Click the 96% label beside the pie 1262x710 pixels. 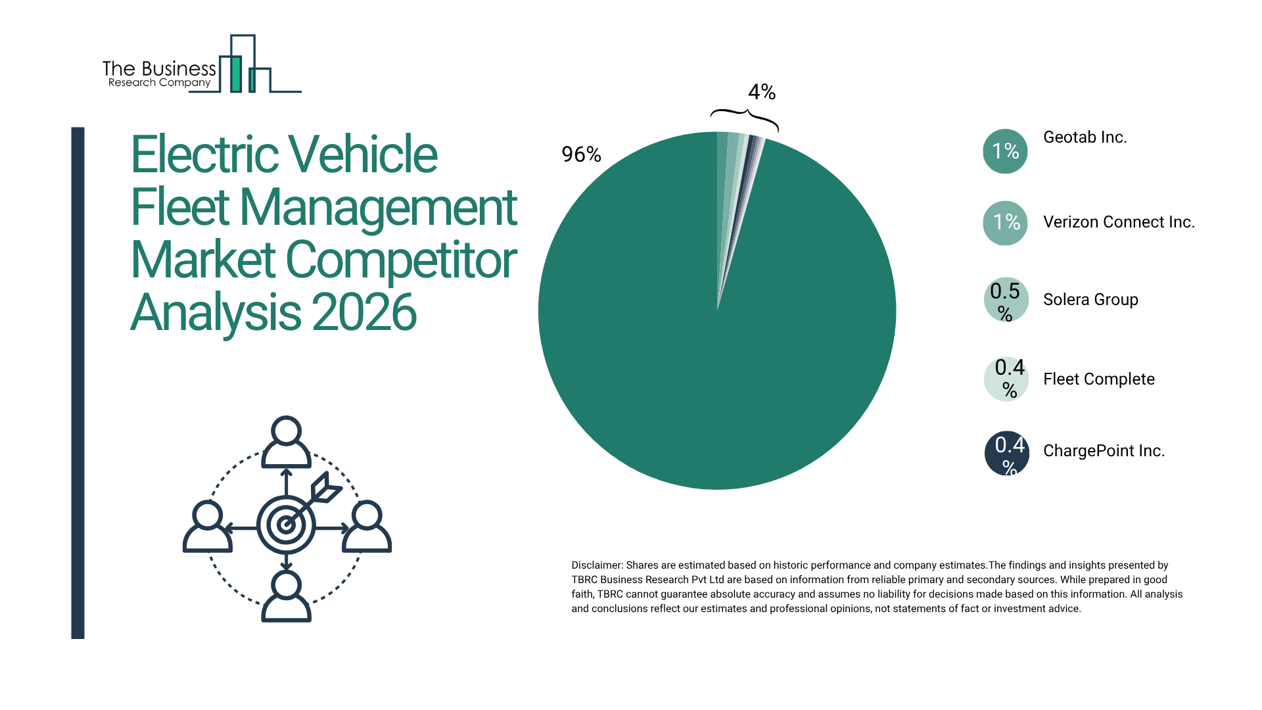(581, 154)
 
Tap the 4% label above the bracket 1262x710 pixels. (762, 92)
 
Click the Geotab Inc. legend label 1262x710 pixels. (1085, 137)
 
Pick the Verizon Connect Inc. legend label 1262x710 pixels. (1119, 222)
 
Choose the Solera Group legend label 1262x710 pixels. (1090, 300)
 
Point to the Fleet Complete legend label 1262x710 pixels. (1098, 379)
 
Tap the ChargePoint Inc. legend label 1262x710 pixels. (1104, 451)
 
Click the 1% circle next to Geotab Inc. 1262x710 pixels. (1005, 151)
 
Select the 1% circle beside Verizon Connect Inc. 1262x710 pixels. (1005, 223)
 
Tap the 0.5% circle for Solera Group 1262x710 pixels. (1006, 300)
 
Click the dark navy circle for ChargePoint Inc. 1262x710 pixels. (1006, 453)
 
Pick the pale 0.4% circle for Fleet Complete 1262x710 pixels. (1006, 379)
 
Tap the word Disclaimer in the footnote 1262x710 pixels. (596, 565)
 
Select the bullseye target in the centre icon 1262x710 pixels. (286, 525)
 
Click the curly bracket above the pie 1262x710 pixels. (744, 118)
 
